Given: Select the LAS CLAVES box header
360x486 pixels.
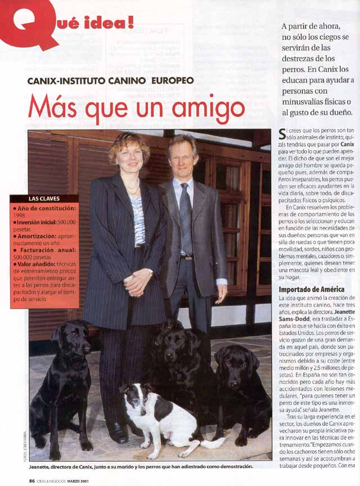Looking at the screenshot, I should tap(44, 199).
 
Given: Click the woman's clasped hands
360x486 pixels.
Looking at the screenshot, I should tap(138, 281).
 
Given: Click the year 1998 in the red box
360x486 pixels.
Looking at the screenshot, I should tap(20, 214).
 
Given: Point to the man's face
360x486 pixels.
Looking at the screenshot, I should tap(183, 158).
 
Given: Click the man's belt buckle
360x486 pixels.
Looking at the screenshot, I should tap(186, 257).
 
